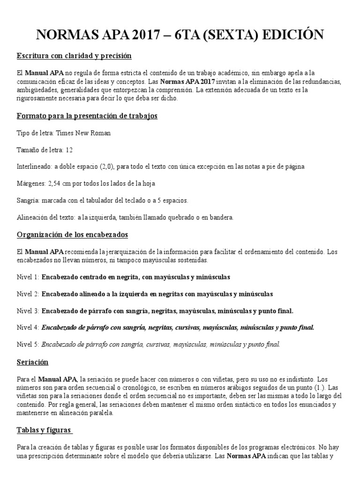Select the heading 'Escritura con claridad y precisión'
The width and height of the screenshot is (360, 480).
tap(74, 56)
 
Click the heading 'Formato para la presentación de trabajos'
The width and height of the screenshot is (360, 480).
tap(87, 115)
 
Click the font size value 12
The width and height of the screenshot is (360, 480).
tap(69, 150)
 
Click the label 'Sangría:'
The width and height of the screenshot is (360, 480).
tap(27, 200)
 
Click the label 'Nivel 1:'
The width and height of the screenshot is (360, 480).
tap(28, 277)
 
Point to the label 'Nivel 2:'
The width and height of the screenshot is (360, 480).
tap(28, 294)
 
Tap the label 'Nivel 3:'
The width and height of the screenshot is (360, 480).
tap(28, 311)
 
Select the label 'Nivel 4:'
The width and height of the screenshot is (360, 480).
tap(28, 328)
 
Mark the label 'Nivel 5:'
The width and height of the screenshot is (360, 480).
tap(28, 345)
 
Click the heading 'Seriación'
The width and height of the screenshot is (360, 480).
tap(32, 362)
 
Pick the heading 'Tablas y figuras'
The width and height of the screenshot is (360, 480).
tap(45, 430)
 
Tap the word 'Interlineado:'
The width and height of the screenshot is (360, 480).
tap(34, 167)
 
